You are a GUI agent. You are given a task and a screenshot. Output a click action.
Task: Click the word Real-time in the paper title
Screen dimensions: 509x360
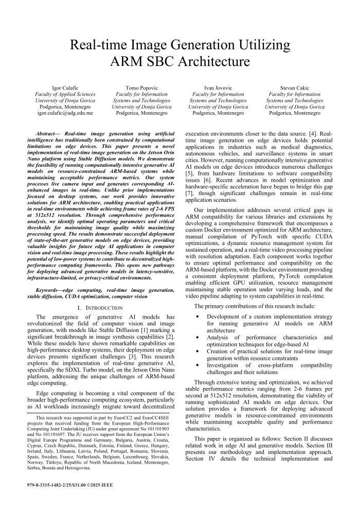(99, 45)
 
